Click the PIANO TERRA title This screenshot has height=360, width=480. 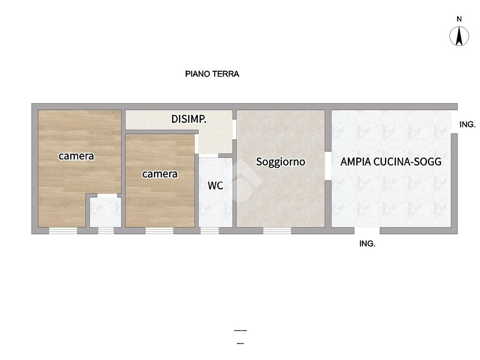click(212, 74)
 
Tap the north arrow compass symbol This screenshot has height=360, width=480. click(459, 36)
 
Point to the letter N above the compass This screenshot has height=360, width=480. click(459, 19)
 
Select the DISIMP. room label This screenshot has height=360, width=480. click(188, 119)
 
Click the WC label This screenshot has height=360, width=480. click(216, 186)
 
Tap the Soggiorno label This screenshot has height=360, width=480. click(280, 162)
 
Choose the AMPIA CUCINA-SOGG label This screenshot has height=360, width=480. click(391, 162)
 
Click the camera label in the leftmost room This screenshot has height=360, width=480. click(76, 156)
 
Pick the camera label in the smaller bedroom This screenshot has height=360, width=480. click(159, 174)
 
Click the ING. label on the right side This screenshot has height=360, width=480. click(467, 124)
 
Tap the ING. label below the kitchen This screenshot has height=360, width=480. click(367, 244)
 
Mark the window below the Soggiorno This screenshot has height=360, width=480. click(277, 231)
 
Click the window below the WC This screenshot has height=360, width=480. click(210, 231)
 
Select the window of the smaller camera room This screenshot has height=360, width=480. click(159, 231)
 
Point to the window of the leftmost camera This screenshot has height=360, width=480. click(63, 231)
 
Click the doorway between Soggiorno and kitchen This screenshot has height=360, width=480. click(328, 165)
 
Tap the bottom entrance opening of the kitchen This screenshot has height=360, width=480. click(367, 231)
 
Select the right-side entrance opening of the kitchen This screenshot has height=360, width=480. click(454, 122)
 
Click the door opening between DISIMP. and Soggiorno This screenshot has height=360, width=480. click(234, 129)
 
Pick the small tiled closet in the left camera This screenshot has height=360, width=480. click(105, 212)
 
